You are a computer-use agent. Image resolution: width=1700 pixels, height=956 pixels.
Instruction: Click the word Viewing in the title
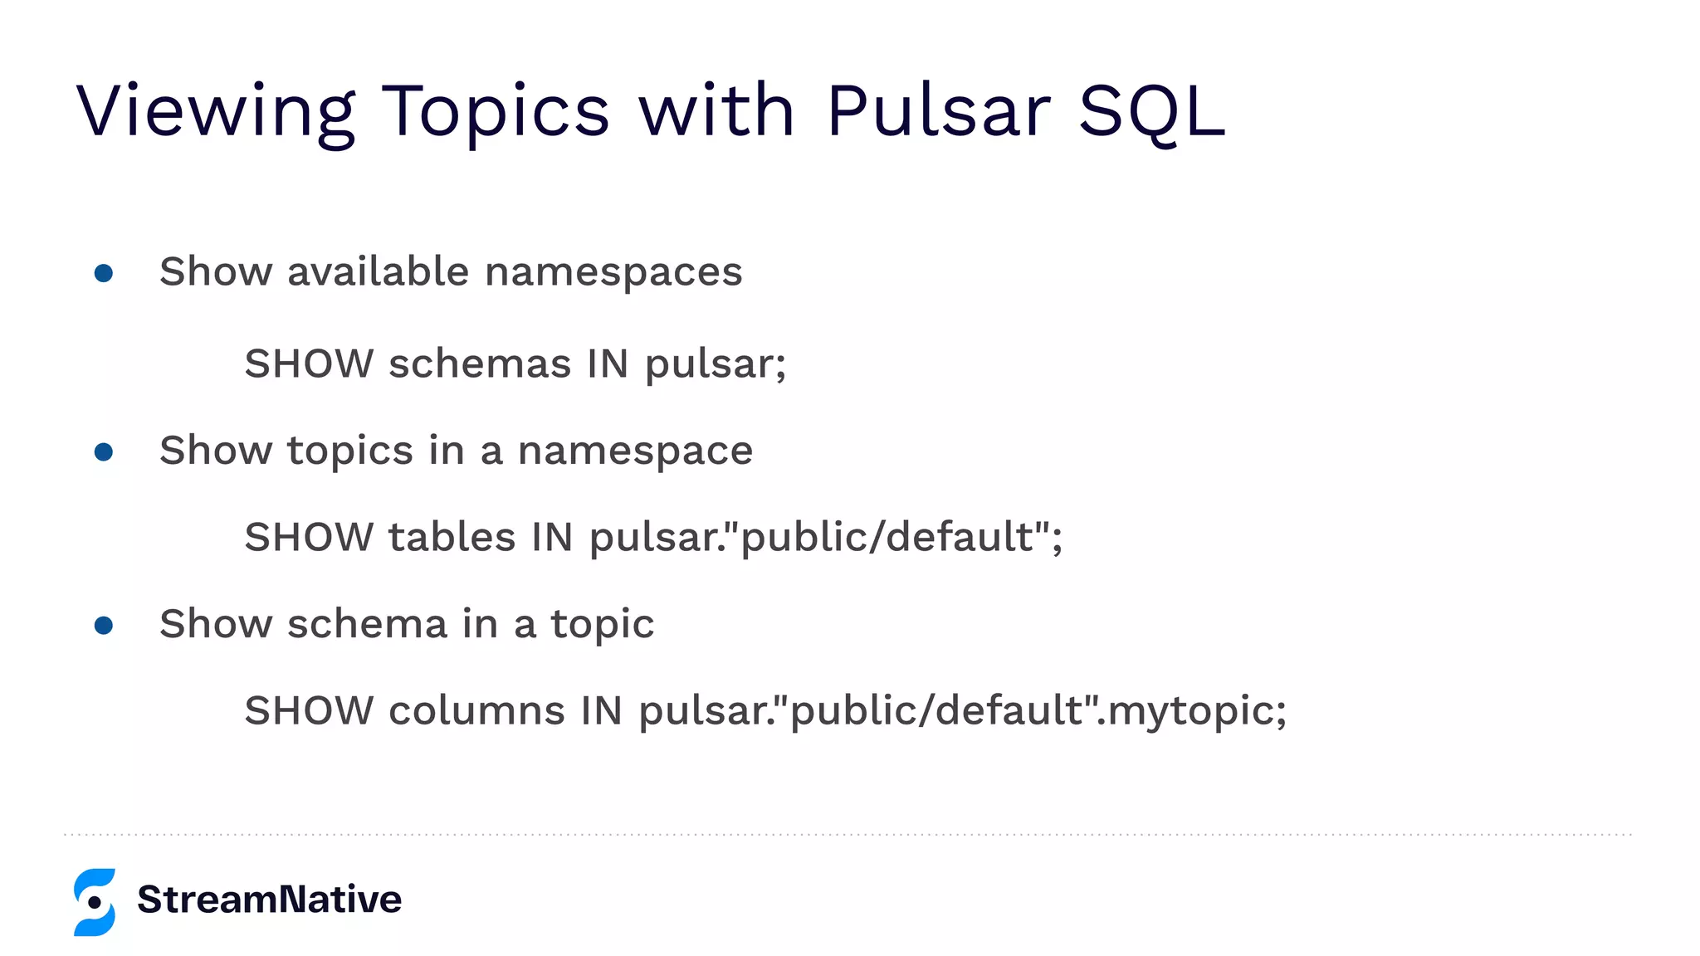coord(216,112)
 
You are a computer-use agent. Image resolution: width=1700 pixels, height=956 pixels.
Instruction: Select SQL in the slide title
coord(1151,112)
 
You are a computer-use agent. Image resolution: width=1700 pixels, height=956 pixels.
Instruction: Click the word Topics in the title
coord(496,112)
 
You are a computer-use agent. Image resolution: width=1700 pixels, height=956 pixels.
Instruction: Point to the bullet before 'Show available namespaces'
coord(104,273)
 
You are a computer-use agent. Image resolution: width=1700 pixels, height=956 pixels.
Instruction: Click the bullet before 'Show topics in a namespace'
coord(104,451)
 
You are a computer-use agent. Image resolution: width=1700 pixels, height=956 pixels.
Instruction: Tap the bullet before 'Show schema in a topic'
coord(104,625)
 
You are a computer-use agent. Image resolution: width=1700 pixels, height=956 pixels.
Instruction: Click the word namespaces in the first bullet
coord(613,272)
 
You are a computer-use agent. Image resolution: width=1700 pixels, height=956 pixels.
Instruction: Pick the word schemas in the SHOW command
coord(480,363)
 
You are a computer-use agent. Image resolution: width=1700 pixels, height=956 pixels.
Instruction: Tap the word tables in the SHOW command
coord(452,537)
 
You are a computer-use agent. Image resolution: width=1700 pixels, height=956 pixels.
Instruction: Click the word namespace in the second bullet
coord(635,451)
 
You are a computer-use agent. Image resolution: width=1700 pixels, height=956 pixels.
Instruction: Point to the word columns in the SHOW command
coord(476,710)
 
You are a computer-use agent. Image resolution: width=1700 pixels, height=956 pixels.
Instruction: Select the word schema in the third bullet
coord(367,624)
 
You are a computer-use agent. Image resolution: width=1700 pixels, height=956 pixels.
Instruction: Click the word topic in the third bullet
coord(603,625)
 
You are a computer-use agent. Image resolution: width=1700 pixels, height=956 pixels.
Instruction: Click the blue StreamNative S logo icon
coord(95,902)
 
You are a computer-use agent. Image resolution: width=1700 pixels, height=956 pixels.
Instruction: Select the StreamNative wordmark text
coord(270,900)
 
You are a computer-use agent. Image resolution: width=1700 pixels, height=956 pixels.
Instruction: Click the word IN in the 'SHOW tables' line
coord(553,537)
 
